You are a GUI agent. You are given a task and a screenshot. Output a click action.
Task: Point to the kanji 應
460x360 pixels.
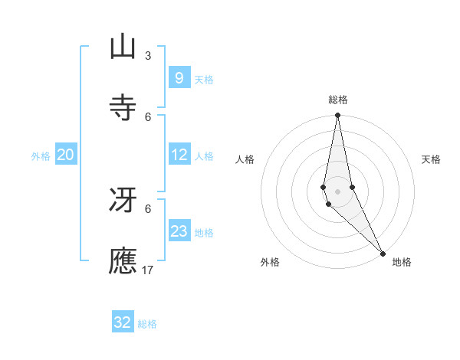pyautogui.click(x=123, y=260)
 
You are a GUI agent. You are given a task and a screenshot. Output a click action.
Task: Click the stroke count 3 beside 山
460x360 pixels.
pyautogui.click(x=148, y=56)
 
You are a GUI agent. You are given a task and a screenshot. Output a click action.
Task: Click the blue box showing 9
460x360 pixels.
pyautogui.click(x=179, y=77)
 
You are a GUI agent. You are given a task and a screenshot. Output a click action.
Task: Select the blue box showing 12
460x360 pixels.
pyautogui.click(x=179, y=155)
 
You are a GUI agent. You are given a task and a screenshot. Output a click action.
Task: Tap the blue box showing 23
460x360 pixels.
pyautogui.click(x=179, y=231)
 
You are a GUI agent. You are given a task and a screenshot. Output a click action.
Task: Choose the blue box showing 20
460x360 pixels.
pyautogui.click(x=65, y=155)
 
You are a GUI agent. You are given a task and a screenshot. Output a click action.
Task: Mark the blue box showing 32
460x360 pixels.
pyautogui.click(x=123, y=322)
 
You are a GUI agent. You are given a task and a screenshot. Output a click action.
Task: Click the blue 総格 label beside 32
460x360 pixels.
pyautogui.click(x=147, y=324)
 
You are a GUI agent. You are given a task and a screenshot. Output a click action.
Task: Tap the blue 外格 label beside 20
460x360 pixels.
pyautogui.click(x=41, y=156)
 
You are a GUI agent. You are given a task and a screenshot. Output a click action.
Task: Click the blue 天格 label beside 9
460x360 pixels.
pyautogui.click(x=204, y=79)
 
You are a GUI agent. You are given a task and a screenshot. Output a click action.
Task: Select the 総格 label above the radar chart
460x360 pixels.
pyautogui.click(x=338, y=100)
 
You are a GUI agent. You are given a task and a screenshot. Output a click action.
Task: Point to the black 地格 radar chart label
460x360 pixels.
pyautogui.click(x=402, y=262)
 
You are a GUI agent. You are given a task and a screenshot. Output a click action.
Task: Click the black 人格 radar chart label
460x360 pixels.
pyautogui.click(x=245, y=159)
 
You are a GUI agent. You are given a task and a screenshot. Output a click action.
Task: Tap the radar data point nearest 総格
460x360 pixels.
pyautogui.click(x=337, y=116)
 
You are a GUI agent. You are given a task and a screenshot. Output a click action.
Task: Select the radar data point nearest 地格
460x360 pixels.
pyautogui.click(x=383, y=253)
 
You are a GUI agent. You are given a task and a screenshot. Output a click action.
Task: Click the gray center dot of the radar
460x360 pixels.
pyautogui.click(x=337, y=191)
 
